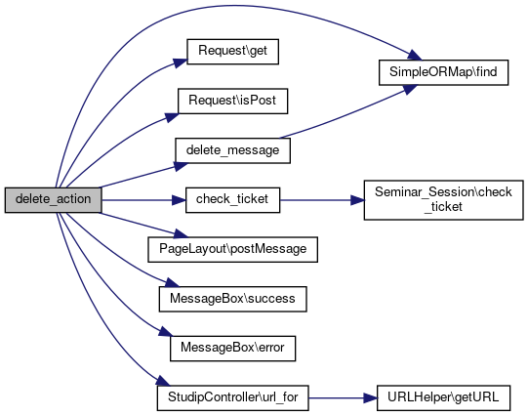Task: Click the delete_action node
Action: [54, 200]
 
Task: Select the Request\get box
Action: [232, 52]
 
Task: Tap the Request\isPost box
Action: [232, 101]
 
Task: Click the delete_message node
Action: [232, 150]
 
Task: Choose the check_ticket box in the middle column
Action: [232, 200]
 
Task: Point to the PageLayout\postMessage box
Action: [232, 250]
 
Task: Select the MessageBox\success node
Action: [232, 299]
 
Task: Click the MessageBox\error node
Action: [232, 349]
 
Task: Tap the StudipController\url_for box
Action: [232, 397]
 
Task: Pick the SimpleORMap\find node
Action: [443, 72]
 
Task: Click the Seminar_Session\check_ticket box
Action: [443, 200]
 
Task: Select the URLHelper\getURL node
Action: [443, 397]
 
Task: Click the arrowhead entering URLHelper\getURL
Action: [371, 398]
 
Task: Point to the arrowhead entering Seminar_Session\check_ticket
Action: [357, 200]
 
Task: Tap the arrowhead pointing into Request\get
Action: [181, 62]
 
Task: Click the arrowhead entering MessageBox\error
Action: [166, 331]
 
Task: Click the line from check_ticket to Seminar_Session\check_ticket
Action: [322, 200]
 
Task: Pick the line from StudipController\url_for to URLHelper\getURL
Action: [343, 398]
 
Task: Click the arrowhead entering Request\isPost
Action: [172, 117]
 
